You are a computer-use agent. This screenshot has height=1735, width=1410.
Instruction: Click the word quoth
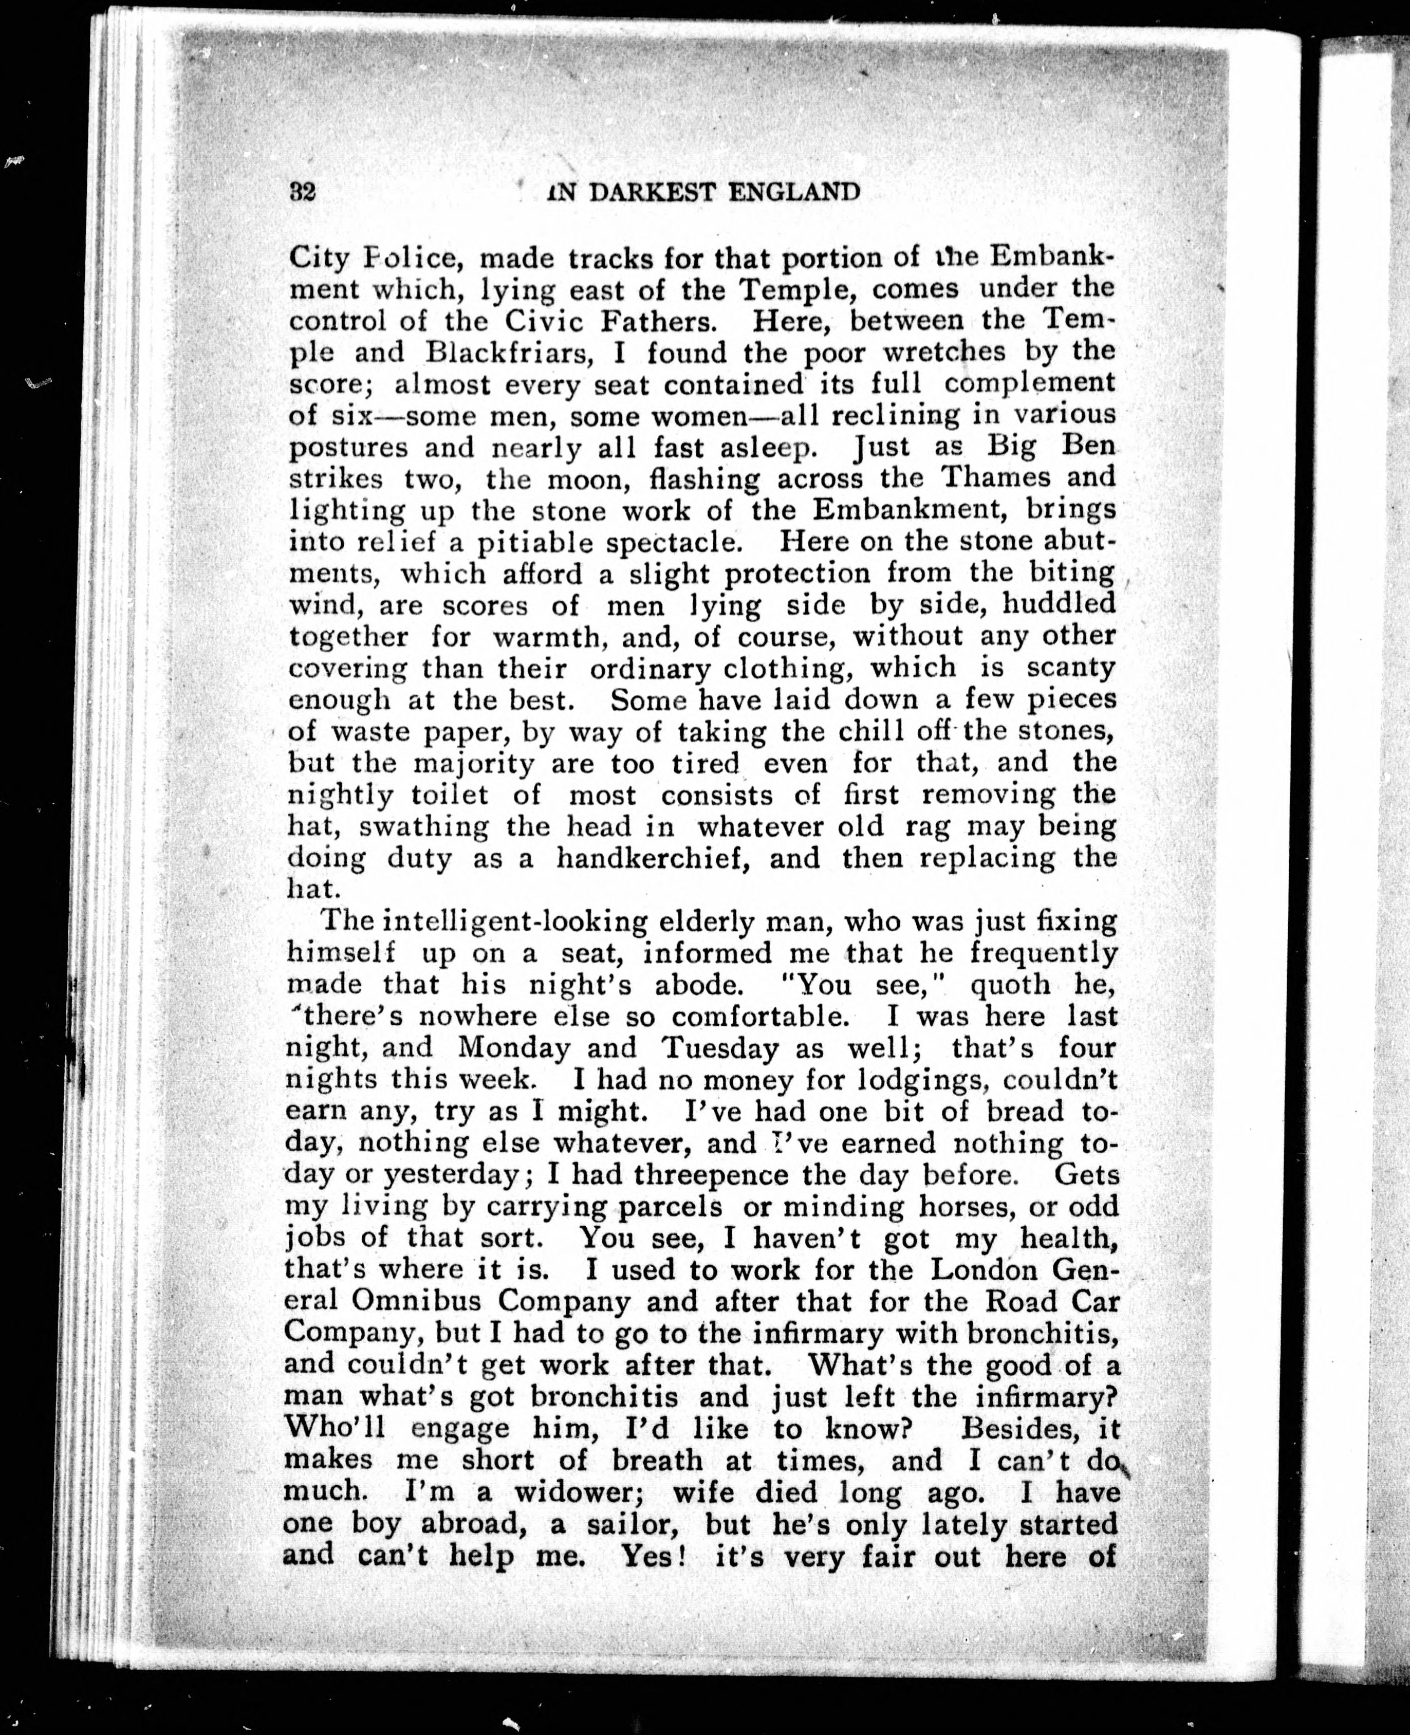(x=999, y=985)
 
